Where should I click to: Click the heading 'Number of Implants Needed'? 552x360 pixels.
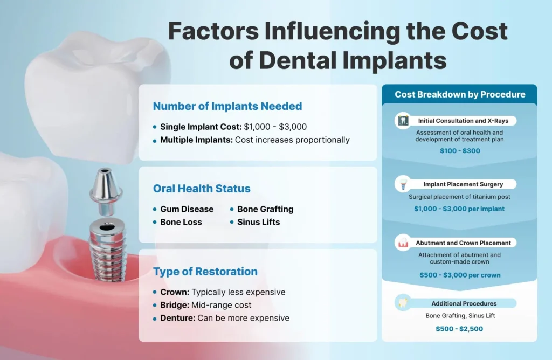point(227,106)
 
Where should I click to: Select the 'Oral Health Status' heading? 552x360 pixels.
point(202,189)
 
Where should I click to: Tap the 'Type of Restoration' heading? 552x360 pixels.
point(205,271)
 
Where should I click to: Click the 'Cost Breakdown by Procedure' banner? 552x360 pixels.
point(459,94)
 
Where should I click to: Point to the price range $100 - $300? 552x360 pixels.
point(459,151)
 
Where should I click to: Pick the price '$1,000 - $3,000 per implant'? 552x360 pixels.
point(459,209)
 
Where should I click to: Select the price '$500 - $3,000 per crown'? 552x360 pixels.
point(459,275)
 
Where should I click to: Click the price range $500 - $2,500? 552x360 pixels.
point(459,329)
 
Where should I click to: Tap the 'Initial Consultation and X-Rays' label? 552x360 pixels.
point(463,121)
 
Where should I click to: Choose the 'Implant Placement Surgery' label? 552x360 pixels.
point(463,184)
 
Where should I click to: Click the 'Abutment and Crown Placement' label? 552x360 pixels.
point(463,243)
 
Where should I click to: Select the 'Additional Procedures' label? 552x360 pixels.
point(464,303)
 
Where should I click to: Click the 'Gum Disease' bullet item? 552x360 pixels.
point(187,209)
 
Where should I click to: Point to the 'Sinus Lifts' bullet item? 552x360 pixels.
point(258,222)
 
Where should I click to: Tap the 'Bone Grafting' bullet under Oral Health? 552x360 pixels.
point(265,209)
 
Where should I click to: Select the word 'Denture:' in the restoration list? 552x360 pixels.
point(177,318)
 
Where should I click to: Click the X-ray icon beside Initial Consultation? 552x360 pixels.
point(402,121)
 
